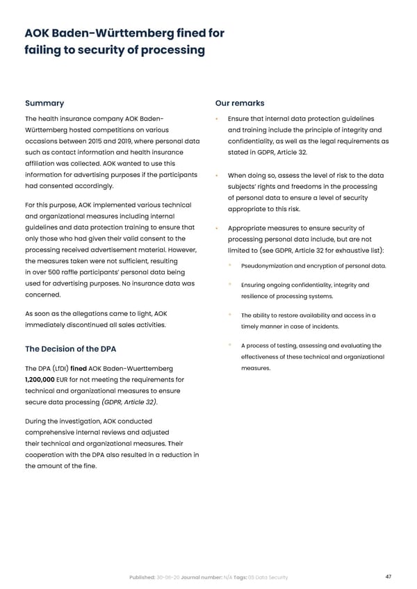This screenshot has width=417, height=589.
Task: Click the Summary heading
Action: click(44, 103)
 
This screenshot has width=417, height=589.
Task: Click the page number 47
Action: click(388, 576)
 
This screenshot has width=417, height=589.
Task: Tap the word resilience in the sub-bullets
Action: click(259, 297)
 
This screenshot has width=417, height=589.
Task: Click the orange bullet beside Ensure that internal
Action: click(219, 119)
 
